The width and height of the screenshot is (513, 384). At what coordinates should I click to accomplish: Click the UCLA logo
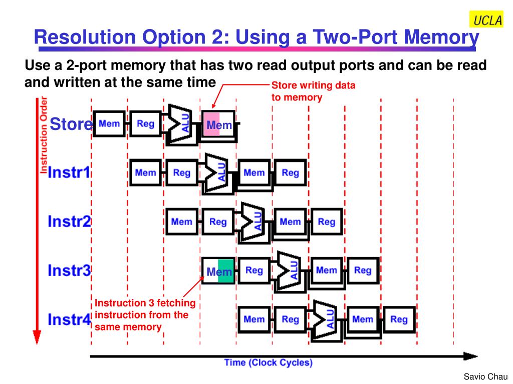pyautogui.click(x=485, y=20)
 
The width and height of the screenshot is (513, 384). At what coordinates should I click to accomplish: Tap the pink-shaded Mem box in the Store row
pyautogui.click(x=218, y=124)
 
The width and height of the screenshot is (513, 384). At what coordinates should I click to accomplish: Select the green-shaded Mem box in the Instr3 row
pyautogui.click(x=218, y=271)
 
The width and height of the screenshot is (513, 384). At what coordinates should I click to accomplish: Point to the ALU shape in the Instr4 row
pyautogui.click(x=325, y=319)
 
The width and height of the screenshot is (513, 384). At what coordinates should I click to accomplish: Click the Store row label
pyautogui.click(x=71, y=124)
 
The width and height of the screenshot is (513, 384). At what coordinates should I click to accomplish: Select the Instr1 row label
pyautogui.click(x=69, y=173)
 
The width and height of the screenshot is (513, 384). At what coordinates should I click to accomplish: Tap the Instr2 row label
pyautogui.click(x=69, y=221)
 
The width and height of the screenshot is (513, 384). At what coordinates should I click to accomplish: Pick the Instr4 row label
pyautogui.click(x=69, y=319)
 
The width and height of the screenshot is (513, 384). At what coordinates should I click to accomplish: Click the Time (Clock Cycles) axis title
pyautogui.click(x=268, y=362)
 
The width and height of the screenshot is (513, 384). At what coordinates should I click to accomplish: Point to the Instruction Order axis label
pyautogui.click(x=44, y=135)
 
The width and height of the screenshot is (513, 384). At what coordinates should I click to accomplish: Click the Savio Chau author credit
pyautogui.click(x=485, y=376)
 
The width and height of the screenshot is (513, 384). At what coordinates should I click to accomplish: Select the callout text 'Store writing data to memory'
pyautogui.click(x=313, y=91)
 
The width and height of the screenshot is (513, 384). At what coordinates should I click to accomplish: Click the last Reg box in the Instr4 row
pyautogui.click(x=399, y=319)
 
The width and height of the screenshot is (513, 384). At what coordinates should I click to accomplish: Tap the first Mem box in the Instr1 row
pyautogui.click(x=146, y=173)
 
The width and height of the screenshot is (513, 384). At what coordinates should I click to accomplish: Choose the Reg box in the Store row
pyautogui.click(x=146, y=123)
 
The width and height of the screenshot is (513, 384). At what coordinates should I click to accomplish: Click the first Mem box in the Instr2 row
pyautogui.click(x=182, y=221)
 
